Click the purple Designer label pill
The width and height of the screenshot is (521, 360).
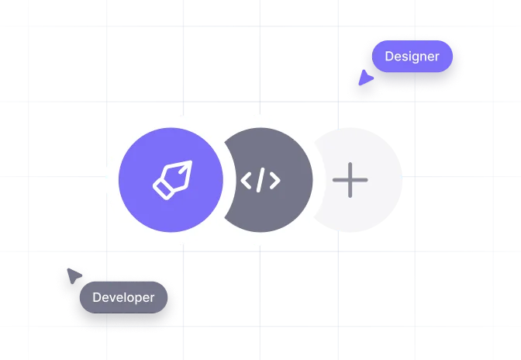point(412,57)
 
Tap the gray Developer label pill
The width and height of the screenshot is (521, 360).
point(123,297)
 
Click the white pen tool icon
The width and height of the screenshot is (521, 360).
point(171,180)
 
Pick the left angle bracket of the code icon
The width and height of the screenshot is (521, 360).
point(247,181)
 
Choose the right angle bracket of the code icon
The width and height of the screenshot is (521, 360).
point(274,181)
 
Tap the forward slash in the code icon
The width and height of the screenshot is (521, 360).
point(260,181)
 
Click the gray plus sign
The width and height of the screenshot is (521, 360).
point(350,181)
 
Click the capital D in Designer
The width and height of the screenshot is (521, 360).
point(389,57)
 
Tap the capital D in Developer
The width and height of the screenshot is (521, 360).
point(97,297)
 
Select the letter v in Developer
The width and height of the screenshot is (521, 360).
point(112,298)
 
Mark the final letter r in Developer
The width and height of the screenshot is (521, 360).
point(152,298)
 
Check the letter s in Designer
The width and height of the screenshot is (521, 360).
point(405,57)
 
